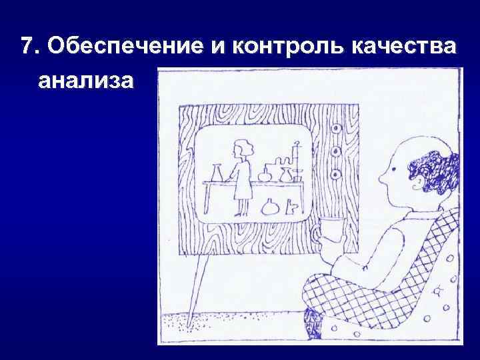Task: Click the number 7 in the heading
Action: [x=26, y=46]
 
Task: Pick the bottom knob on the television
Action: [x=337, y=174]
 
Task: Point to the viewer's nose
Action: [x=382, y=179]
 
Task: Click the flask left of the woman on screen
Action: [x=216, y=173]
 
